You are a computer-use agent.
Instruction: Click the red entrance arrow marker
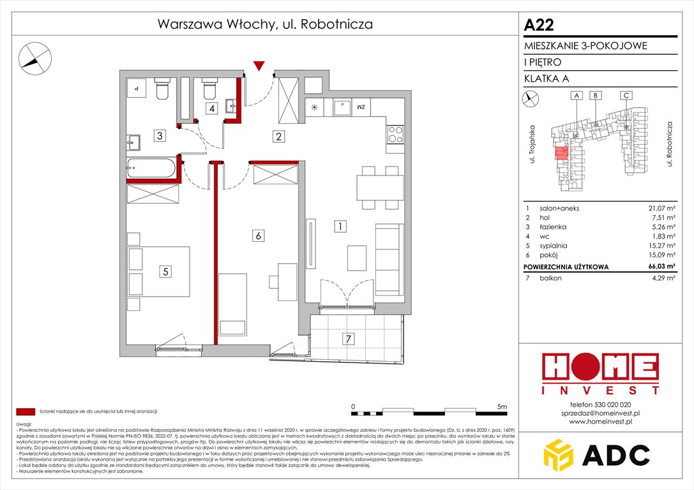[259, 66]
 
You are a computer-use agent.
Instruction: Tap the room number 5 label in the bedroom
[165, 271]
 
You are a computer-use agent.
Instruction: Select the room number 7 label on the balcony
[348, 339]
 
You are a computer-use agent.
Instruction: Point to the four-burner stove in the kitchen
[395, 135]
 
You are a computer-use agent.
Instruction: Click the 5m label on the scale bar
[501, 406]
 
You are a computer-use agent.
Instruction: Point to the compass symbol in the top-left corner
[34, 57]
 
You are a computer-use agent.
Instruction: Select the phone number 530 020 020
[600, 405]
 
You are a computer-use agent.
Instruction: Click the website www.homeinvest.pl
[600, 422]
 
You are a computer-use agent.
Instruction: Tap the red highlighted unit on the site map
[561, 153]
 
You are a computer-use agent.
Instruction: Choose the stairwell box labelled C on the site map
[627, 96]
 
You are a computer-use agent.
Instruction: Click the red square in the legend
[26, 412]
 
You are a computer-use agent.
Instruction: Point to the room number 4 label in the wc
[211, 108]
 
